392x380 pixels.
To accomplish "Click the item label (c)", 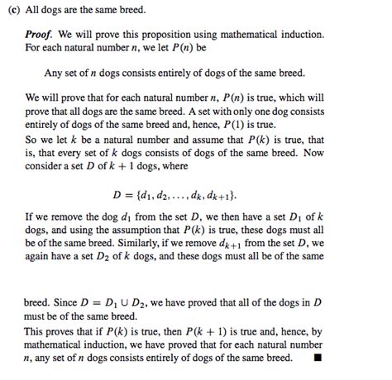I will (12, 10).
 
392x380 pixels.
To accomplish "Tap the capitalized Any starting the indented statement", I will (55, 72).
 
